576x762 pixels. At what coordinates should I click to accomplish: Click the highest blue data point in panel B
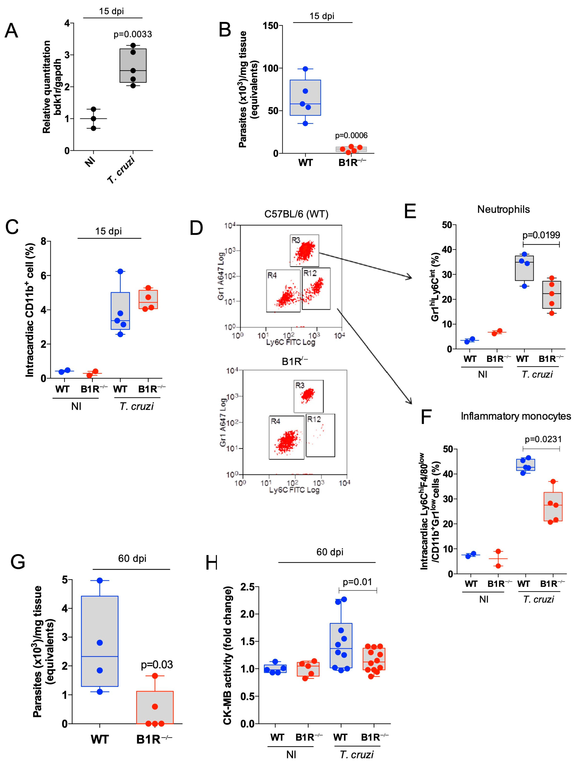305,69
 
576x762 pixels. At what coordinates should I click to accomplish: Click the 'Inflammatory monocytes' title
516,416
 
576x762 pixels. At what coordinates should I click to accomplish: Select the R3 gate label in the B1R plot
300,386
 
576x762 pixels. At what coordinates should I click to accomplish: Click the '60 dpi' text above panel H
330,552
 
